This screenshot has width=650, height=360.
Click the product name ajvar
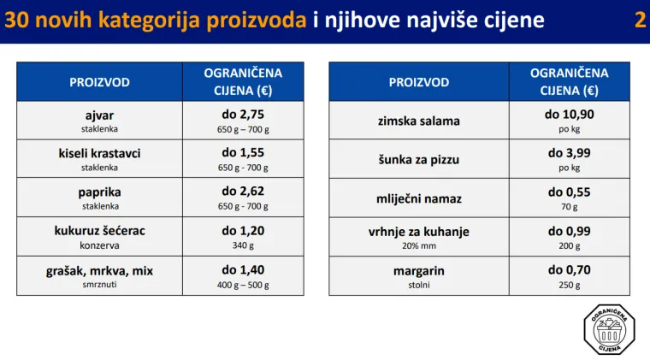click(99, 115)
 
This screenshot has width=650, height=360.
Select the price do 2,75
click(243, 114)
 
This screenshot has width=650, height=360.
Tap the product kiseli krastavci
click(99, 153)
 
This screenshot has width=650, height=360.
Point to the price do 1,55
click(243, 152)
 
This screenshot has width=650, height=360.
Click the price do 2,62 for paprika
click(243, 191)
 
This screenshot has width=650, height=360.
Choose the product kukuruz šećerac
click(99, 231)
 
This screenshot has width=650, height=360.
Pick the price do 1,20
click(243, 230)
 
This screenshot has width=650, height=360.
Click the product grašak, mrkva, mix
click(99, 270)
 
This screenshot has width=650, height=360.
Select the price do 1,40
click(243, 269)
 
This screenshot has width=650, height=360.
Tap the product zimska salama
click(418, 121)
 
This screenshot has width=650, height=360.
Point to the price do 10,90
click(569, 114)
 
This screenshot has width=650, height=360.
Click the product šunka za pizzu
click(418, 159)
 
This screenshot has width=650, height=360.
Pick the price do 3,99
click(569, 152)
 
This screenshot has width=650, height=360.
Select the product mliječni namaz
click(418, 198)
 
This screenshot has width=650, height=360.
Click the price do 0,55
click(569, 192)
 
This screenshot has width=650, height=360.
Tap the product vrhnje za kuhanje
click(418, 231)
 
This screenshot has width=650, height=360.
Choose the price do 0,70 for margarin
click(569, 269)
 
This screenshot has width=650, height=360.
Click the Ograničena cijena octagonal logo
click(611, 329)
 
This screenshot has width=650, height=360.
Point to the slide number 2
click(640, 21)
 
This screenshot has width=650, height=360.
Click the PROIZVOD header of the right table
click(418, 82)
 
